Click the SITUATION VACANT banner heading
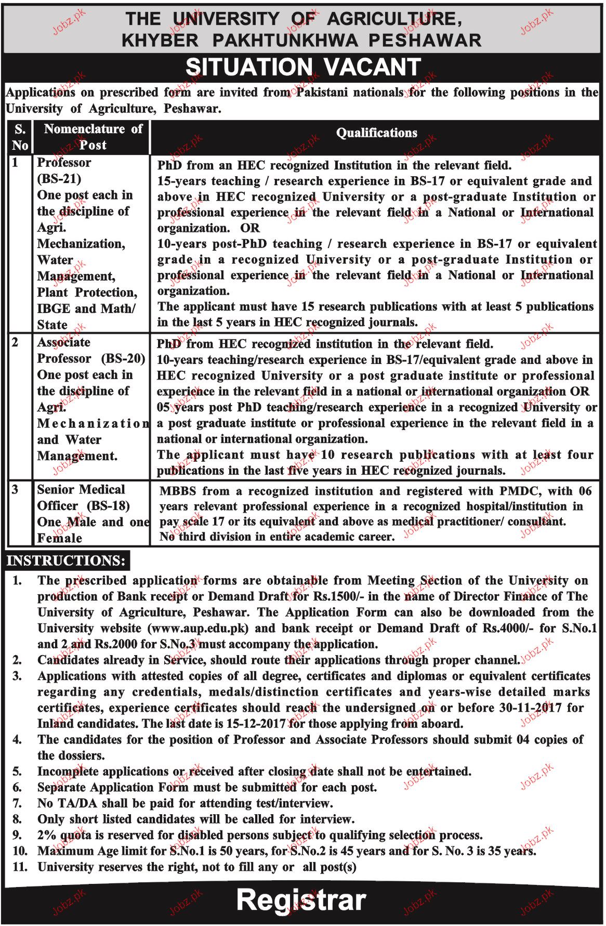tap(303, 67)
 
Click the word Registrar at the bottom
tap(301, 900)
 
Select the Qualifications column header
tap(376, 133)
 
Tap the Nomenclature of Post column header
tap(93, 137)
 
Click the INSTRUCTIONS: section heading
tap(66, 560)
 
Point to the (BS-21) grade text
tap(59, 179)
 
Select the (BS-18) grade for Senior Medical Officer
tap(108, 506)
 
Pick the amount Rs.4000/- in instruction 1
tap(508, 628)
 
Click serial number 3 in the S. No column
tap(15, 490)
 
